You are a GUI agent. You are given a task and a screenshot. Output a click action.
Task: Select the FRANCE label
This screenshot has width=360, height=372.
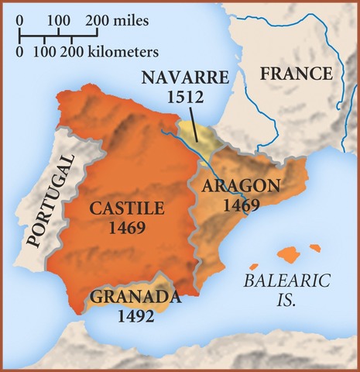[x=296, y=74]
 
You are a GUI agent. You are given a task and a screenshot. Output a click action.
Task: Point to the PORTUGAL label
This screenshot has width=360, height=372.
[x=48, y=200]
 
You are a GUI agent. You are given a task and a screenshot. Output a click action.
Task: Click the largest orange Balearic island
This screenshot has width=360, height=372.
[x=287, y=253]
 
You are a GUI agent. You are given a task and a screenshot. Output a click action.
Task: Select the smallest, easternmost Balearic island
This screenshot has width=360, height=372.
[x=314, y=248]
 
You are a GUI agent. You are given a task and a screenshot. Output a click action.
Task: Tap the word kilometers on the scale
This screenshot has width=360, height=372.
[x=122, y=53]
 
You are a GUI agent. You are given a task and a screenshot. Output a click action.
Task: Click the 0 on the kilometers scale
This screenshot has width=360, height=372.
[x=20, y=53]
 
